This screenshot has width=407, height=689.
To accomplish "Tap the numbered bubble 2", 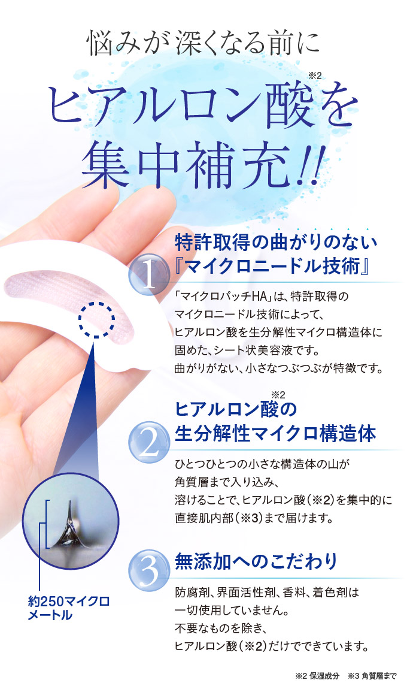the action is click(149, 442).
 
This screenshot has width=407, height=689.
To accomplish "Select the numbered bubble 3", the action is click(149, 570).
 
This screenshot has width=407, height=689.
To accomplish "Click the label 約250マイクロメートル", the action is click(68, 608).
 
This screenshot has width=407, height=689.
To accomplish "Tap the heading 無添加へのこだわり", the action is click(256, 561).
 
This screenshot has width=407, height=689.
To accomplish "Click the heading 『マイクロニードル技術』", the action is click(271, 266).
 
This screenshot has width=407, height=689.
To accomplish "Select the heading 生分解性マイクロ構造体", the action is click(275, 434).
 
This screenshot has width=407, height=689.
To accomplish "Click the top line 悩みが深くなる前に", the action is click(203, 43).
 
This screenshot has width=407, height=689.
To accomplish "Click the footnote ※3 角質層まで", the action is click(372, 676).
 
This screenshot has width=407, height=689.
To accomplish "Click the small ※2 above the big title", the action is click(315, 75).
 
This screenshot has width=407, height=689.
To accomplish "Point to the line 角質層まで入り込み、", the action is click(226, 482).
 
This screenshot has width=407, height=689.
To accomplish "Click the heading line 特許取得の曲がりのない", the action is click(276, 242).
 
